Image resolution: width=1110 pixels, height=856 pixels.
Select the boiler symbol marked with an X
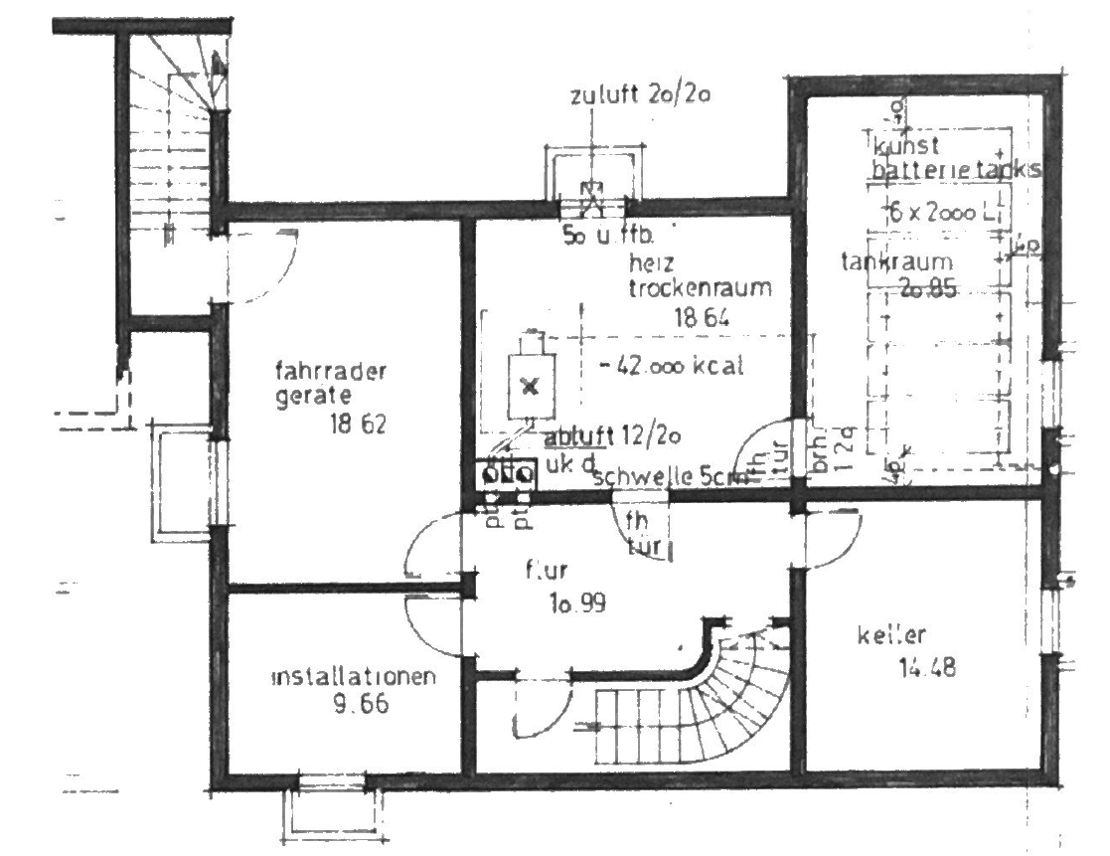coord(529,386)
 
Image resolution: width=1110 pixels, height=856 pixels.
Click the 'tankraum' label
coord(896,263)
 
